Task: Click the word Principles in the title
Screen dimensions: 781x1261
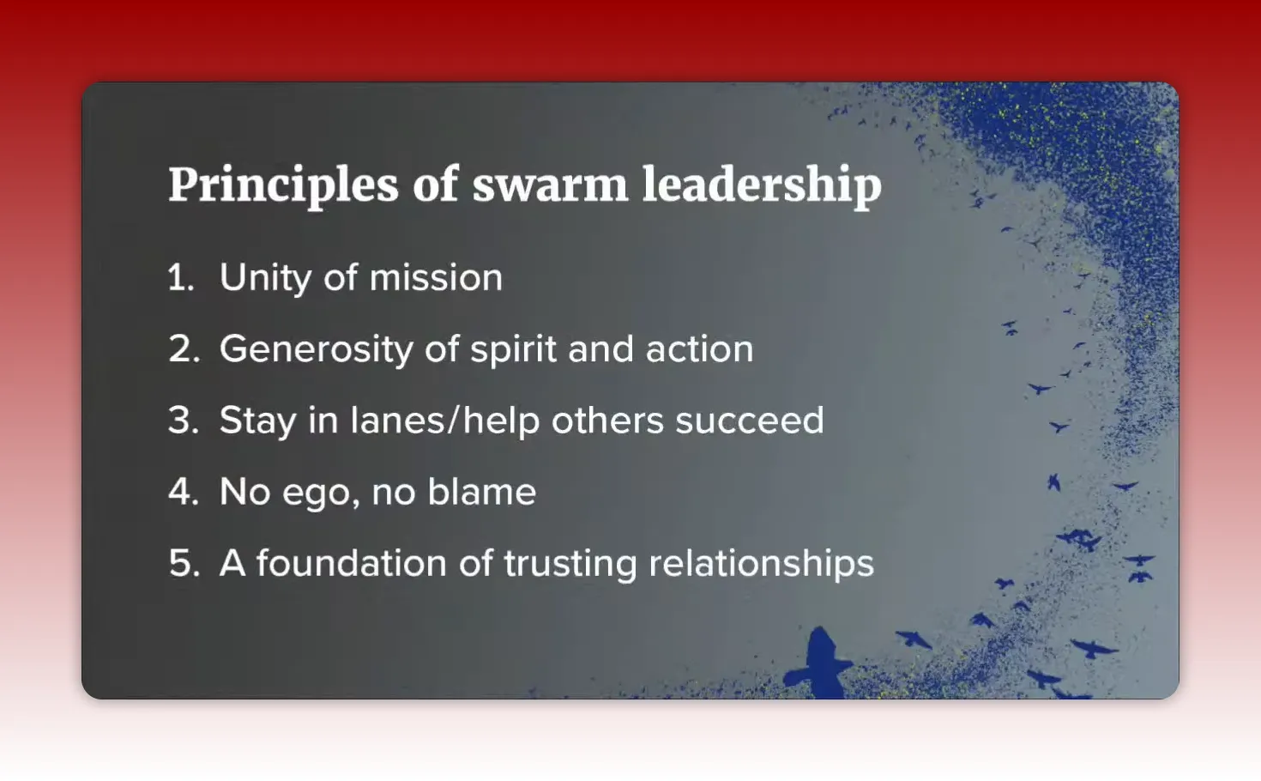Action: pyautogui.click(x=283, y=185)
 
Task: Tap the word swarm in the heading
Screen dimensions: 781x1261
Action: pyautogui.click(x=550, y=185)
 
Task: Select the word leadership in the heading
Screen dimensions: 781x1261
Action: pyautogui.click(x=762, y=185)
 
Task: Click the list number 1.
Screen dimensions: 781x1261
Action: pyautogui.click(x=180, y=278)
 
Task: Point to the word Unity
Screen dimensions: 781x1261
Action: pyautogui.click(x=265, y=278)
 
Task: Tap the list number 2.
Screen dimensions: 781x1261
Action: pyautogui.click(x=184, y=349)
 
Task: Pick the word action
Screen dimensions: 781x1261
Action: pyautogui.click(x=699, y=349)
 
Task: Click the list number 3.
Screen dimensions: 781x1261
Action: pyautogui.click(x=184, y=421)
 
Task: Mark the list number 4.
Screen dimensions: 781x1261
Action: pyautogui.click(x=184, y=492)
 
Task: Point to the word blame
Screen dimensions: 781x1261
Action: pyautogui.click(x=481, y=492)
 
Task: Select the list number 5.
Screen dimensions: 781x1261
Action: pyautogui.click(x=184, y=563)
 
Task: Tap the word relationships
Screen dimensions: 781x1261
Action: pyautogui.click(x=761, y=563)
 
